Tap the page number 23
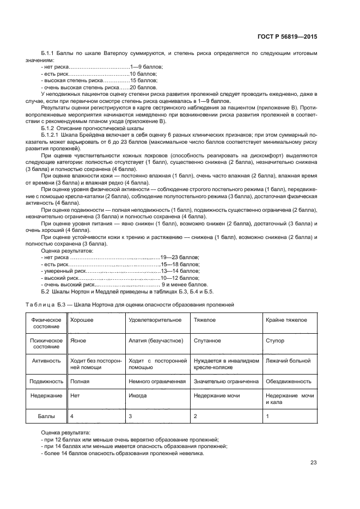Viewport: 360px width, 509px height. (x=313, y=463)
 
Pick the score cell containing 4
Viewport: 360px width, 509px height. (x=72, y=416)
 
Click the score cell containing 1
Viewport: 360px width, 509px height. (x=267, y=416)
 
